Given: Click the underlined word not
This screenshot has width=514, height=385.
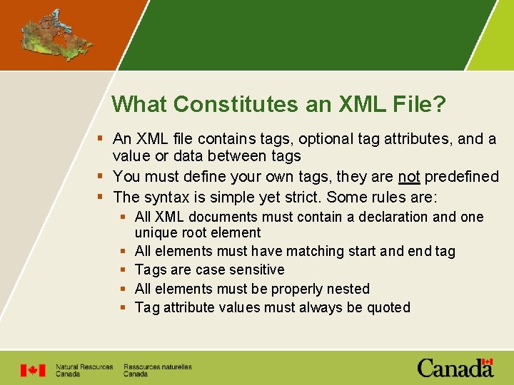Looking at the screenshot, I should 409,176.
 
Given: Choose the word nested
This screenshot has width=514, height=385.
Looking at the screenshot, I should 346,289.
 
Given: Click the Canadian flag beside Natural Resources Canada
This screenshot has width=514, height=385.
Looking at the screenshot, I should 32,370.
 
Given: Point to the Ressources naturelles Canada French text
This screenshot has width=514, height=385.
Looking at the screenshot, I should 157,370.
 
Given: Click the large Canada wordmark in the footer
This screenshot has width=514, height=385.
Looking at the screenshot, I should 455,369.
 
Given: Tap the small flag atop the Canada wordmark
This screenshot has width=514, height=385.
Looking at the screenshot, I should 488,362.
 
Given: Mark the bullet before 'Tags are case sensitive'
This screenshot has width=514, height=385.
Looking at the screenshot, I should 124,269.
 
